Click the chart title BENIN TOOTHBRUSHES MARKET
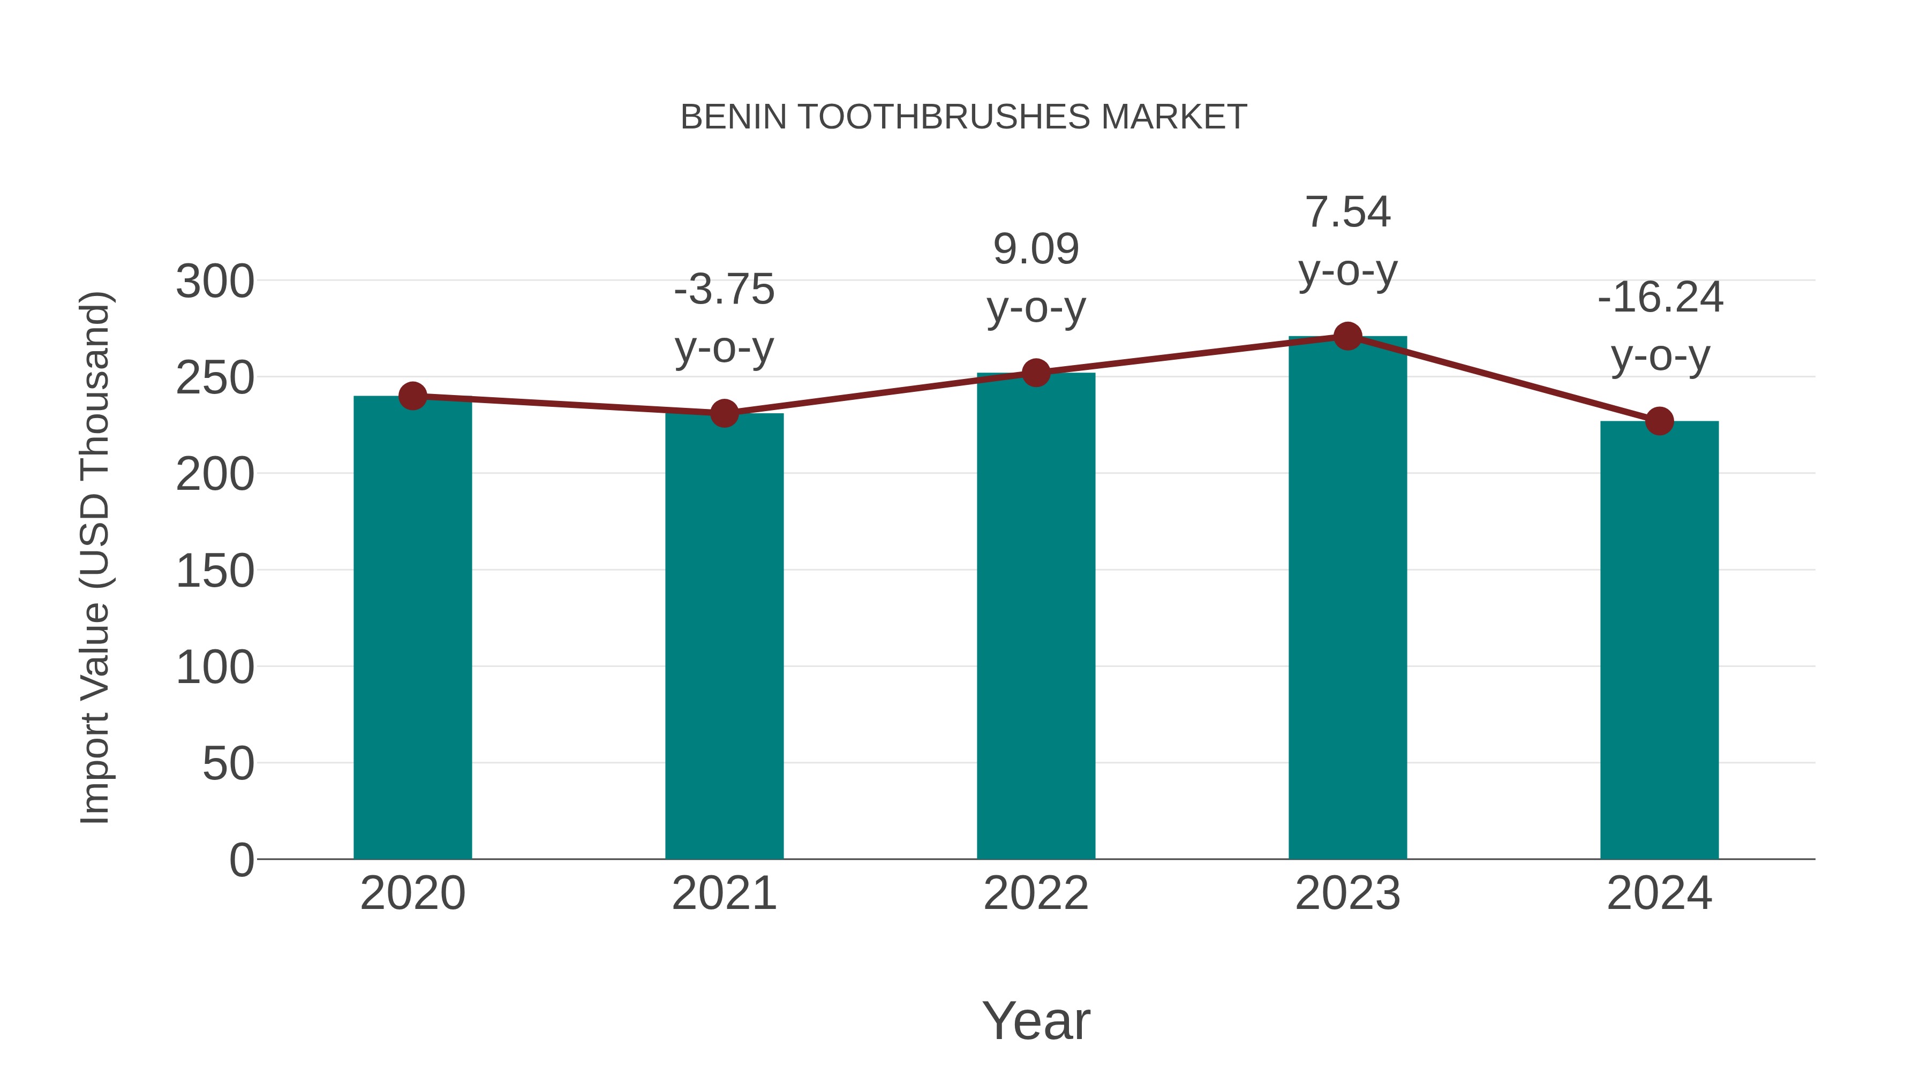tap(963, 117)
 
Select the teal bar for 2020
tap(412, 628)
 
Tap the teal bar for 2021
tap(724, 636)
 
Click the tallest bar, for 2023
tap(1347, 598)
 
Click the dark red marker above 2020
tap(412, 396)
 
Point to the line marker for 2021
tap(724, 413)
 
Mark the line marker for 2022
tap(1036, 373)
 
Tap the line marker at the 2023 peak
tap(1347, 337)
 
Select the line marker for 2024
tap(1659, 421)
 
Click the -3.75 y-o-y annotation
tap(724, 318)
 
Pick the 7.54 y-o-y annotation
tap(1347, 241)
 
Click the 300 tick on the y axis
tap(215, 283)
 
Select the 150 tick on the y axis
tap(215, 572)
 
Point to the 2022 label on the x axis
tap(1036, 893)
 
